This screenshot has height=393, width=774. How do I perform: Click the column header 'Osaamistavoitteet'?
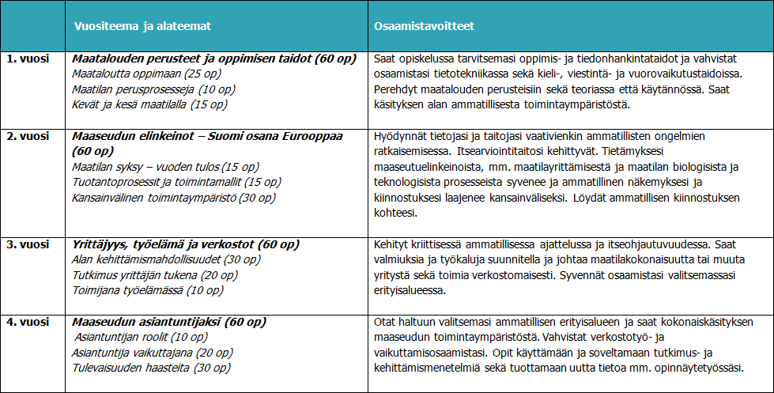(424, 26)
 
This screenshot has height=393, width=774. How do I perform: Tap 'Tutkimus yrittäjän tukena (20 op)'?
(151, 276)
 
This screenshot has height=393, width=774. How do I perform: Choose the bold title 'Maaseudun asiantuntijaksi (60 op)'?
(169, 322)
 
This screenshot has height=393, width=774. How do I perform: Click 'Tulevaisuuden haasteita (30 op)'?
(141, 368)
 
